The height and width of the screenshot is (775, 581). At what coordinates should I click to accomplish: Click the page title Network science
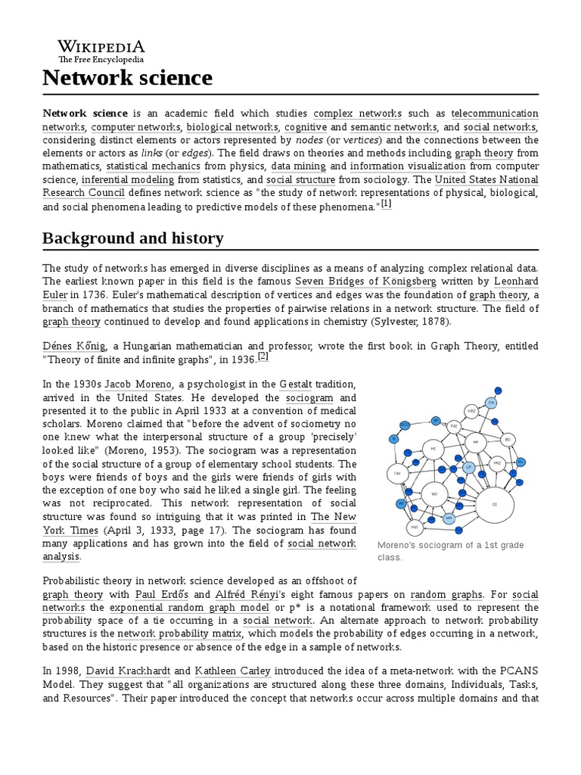pyautogui.click(x=127, y=77)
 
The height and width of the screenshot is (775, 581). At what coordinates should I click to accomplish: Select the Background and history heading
pyautogui.click(x=132, y=238)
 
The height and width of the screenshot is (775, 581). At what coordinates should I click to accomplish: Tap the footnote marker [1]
pyautogui.click(x=386, y=204)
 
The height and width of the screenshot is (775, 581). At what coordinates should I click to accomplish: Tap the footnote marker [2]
pyautogui.click(x=263, y=356)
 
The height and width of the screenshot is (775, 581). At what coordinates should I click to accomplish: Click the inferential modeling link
pyautogui.click(x=128, y=180)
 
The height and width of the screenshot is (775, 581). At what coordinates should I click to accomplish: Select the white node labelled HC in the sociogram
pyautogui.click(x=433, y=449)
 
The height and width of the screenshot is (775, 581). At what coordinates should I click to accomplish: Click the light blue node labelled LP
pyautogui.click(x=469, y=468)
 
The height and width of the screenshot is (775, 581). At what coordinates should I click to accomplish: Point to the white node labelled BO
pyautogui.click(x=508, y=439)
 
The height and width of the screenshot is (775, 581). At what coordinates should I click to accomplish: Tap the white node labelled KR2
pyautogui.click(x=471, y=410)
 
